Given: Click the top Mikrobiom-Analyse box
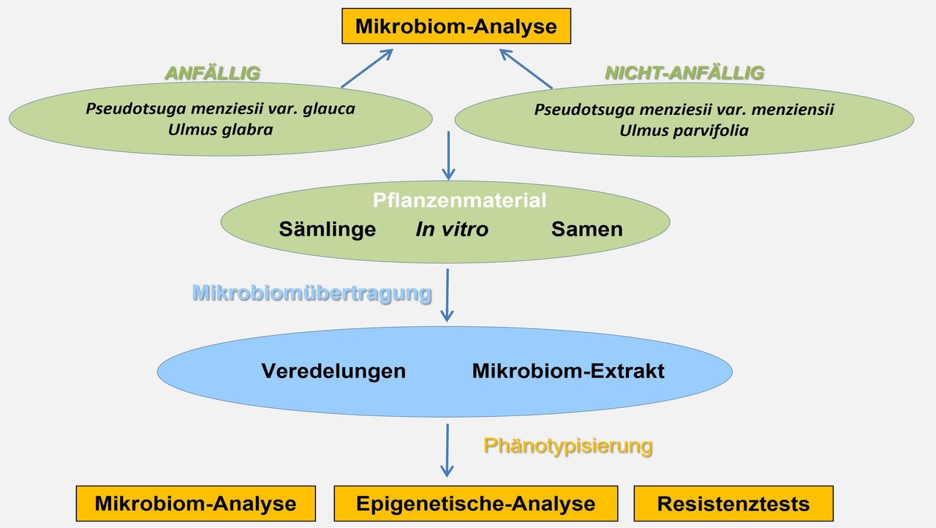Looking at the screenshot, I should click(456, 27).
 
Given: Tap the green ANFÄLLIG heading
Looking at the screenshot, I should click(213, 72).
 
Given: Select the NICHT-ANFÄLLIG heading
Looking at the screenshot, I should click(684, 72).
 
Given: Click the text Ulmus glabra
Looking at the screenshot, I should click(220, 129).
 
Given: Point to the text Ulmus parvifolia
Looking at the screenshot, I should click(684, 131).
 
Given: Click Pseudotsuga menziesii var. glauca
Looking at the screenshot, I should click(220, 109).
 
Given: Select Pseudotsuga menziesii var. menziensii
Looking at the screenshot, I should click(684, 110).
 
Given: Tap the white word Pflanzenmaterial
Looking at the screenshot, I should click(459, 200).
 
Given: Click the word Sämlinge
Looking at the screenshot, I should click(328, 229).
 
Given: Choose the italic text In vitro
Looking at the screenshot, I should click(452, 229).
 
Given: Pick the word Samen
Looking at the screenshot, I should click(586, 229).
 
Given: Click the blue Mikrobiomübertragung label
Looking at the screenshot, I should click(312, 293).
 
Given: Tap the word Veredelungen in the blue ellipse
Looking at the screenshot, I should click(333, 371).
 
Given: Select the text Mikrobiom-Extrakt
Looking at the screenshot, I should click(568, 371).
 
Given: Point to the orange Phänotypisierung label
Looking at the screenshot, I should click(567, 445).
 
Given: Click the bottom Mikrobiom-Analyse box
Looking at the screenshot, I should click(195, 503).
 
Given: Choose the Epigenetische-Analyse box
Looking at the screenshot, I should click(475, 503).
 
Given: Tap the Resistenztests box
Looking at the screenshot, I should click(733, 503).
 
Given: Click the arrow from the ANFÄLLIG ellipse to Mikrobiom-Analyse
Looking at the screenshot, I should click(367, 68).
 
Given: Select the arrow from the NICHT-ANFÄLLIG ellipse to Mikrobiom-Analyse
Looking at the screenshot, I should click(526, 68).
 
